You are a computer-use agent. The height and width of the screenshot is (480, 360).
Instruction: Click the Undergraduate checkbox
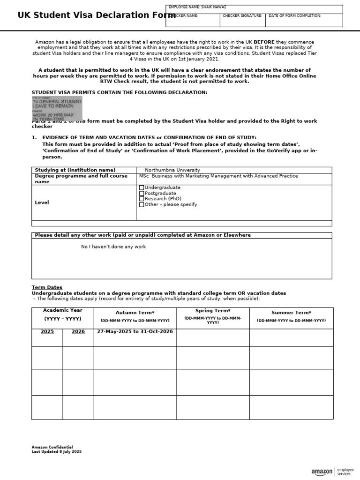[x=142, y=187]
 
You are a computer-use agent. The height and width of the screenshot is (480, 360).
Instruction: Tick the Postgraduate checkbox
[x=142, y=193]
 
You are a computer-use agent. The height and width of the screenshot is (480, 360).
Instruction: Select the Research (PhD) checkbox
[x=142, y=199]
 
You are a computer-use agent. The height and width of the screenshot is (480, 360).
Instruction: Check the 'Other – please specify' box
[x=142, y=204]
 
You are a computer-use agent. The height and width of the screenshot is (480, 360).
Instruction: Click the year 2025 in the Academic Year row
[x=47, y=331]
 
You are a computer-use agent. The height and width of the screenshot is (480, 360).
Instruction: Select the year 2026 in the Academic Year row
[x=78, y=331]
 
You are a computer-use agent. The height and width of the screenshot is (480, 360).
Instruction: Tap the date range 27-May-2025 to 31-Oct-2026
[x=135, y=331]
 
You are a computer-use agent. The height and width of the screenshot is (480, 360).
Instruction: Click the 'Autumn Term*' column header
[x=135, y=313]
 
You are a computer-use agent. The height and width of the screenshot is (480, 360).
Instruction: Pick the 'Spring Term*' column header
[x=213, y=311]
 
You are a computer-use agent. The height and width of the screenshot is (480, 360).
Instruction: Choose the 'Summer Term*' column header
[x=291, y=313]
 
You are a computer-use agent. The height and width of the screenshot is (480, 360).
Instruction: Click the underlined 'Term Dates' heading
[x=47, y=287]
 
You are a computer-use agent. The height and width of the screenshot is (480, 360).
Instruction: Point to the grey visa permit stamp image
[x=57, y=109]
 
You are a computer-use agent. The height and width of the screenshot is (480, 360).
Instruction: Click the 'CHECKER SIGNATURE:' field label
[x=242, y=16]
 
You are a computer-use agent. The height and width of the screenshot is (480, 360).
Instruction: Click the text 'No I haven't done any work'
[x=113, y=247]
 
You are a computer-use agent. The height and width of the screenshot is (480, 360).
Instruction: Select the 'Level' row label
[x=42, y=202]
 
